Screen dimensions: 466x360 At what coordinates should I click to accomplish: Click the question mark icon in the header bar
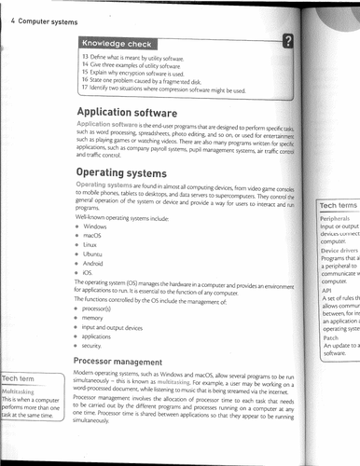point(289,40)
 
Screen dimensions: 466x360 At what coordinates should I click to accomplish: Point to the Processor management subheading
point(126,359)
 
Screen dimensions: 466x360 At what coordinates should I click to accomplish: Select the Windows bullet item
point(95,226)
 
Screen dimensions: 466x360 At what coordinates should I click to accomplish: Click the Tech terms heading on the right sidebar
point(338,206)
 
